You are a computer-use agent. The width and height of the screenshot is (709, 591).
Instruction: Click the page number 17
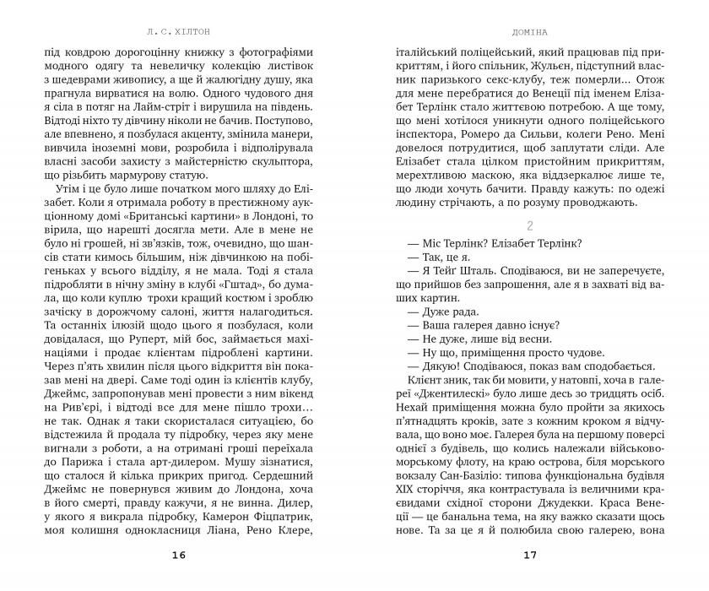click(x=529, y=555)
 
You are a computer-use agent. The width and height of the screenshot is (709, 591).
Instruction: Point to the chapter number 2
click(x=529, y=226)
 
